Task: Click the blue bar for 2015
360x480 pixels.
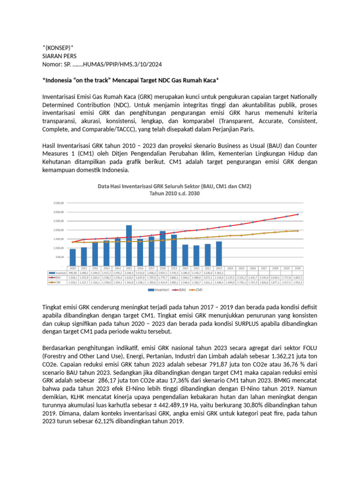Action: (x=129, y=246)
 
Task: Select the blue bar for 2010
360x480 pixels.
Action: (x=73, y=257)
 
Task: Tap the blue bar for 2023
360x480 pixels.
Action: (x=219, y=254)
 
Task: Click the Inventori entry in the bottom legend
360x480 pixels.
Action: (x=158, y=290)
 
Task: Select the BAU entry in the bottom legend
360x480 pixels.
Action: (x=182, y=290)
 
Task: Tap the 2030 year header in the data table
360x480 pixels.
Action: (x=298, y=268)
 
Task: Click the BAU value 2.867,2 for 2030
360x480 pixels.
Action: (x=298, y=277)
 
